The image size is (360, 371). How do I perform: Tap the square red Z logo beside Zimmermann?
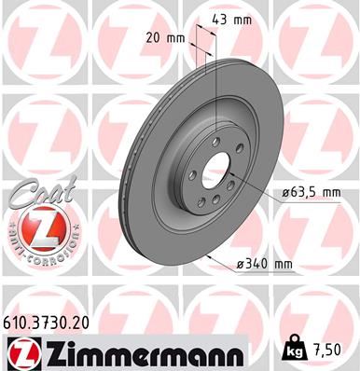coord(19,351)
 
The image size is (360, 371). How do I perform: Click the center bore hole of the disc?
coord(217,174)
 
